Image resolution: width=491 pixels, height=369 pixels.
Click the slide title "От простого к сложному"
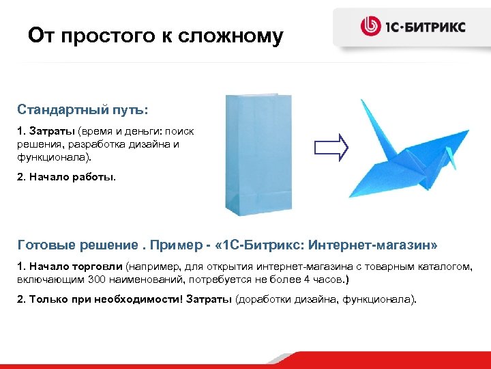point(155,36)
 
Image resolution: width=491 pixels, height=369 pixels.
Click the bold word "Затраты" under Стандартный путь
point(53,130)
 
